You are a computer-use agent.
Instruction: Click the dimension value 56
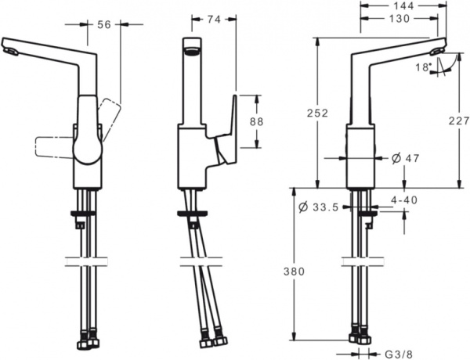103,25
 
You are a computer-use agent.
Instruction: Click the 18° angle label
423,67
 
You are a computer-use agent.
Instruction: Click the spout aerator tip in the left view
10,52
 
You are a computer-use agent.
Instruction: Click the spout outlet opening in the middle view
192,52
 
